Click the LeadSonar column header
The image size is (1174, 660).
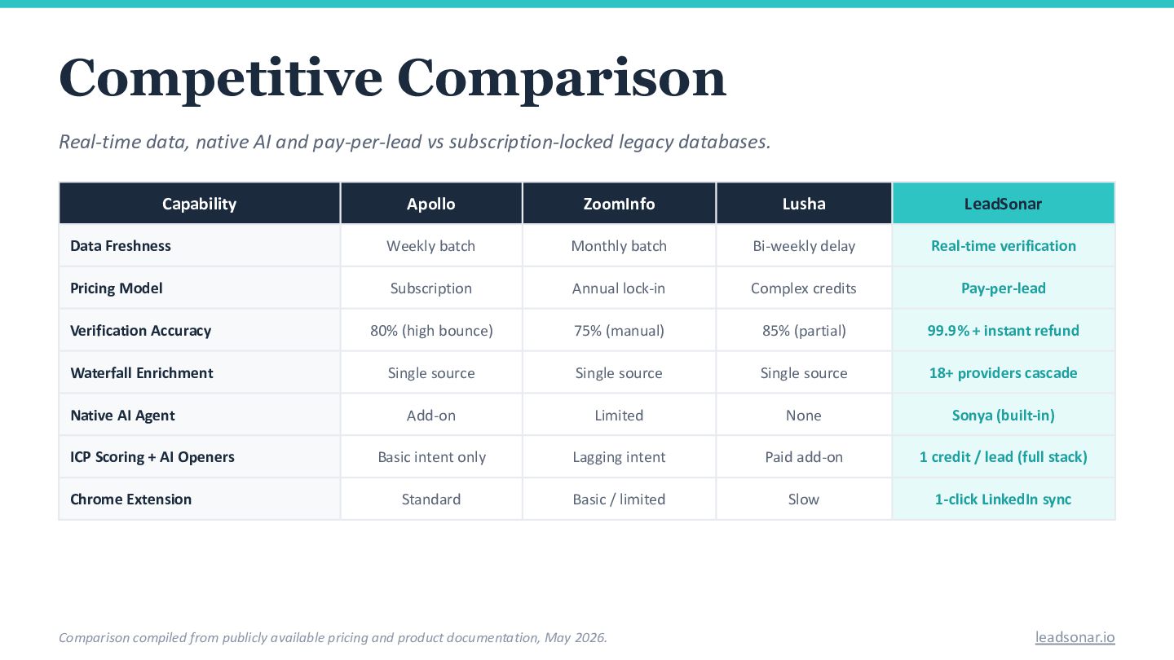1003,204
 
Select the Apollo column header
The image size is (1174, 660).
430,204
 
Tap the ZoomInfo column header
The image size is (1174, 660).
619,204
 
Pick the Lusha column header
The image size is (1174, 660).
804,204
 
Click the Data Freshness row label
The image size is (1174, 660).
121,246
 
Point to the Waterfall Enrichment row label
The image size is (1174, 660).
142,373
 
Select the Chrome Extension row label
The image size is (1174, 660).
131,499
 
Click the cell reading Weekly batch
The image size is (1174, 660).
430,246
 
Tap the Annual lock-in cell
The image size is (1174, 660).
619,288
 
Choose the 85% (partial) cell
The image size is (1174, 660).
804,331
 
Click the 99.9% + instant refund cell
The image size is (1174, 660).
1003,331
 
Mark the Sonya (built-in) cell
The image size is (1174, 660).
1003,416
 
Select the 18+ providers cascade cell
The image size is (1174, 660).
1003,373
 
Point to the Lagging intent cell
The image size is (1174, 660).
619,457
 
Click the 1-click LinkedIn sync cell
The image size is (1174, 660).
1003,499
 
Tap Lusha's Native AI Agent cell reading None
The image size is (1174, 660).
804,416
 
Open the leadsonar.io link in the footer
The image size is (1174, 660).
1075,637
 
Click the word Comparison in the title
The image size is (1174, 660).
561,78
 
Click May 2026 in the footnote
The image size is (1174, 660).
575,637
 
